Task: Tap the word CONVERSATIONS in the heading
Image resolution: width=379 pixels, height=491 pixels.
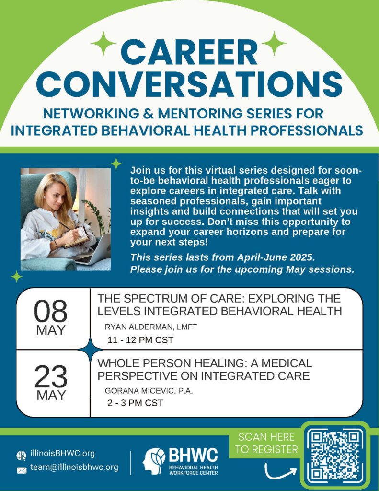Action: pos(189,84)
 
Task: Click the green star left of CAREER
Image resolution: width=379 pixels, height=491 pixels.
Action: pos(103,44)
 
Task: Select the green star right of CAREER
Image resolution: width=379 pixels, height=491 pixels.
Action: pos(274,44)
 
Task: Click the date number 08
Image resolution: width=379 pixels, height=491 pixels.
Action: pos(51,311)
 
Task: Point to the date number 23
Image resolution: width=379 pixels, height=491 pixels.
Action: pos(51,376)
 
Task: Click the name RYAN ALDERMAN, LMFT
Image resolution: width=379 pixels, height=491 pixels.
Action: pos(151,327)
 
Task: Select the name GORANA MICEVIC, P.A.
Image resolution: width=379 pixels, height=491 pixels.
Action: pos(149,391)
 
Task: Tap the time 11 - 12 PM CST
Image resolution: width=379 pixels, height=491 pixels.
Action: pos(140,340)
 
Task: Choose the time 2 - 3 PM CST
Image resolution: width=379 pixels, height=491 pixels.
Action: pos(135,403)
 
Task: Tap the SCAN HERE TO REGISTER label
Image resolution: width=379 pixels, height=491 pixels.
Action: pos(266,443)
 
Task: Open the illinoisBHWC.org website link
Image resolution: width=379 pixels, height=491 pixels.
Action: pos(62,453)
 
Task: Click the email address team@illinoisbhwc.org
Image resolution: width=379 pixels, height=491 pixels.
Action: pos(74,467)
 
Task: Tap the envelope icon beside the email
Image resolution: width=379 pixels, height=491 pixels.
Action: pos(22,470)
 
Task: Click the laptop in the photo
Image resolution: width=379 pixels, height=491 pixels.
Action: pos(94,250)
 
